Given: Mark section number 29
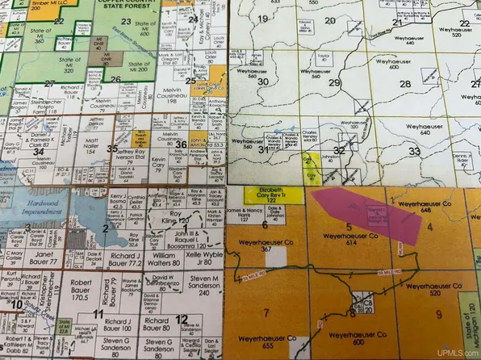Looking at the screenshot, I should [x=333, y=82].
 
